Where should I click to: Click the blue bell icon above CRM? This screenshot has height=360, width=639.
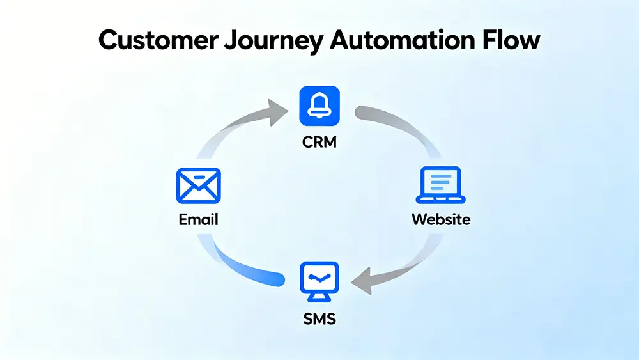(x=319, y=106)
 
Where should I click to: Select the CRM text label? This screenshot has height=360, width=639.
(x=319, y=141)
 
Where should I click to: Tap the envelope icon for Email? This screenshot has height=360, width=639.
(x=198, y=185)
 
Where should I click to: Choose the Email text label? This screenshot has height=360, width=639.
(x=198, y=220)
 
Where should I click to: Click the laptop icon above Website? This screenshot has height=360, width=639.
(x=440, y=185)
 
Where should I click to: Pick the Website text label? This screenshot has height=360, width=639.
(x=440, y=220)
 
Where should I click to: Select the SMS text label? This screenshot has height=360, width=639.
(x=319, y=318)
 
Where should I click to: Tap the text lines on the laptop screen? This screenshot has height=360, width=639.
(x=440, y=182)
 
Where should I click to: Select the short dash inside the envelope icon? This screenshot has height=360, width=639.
(x=198, y=176)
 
